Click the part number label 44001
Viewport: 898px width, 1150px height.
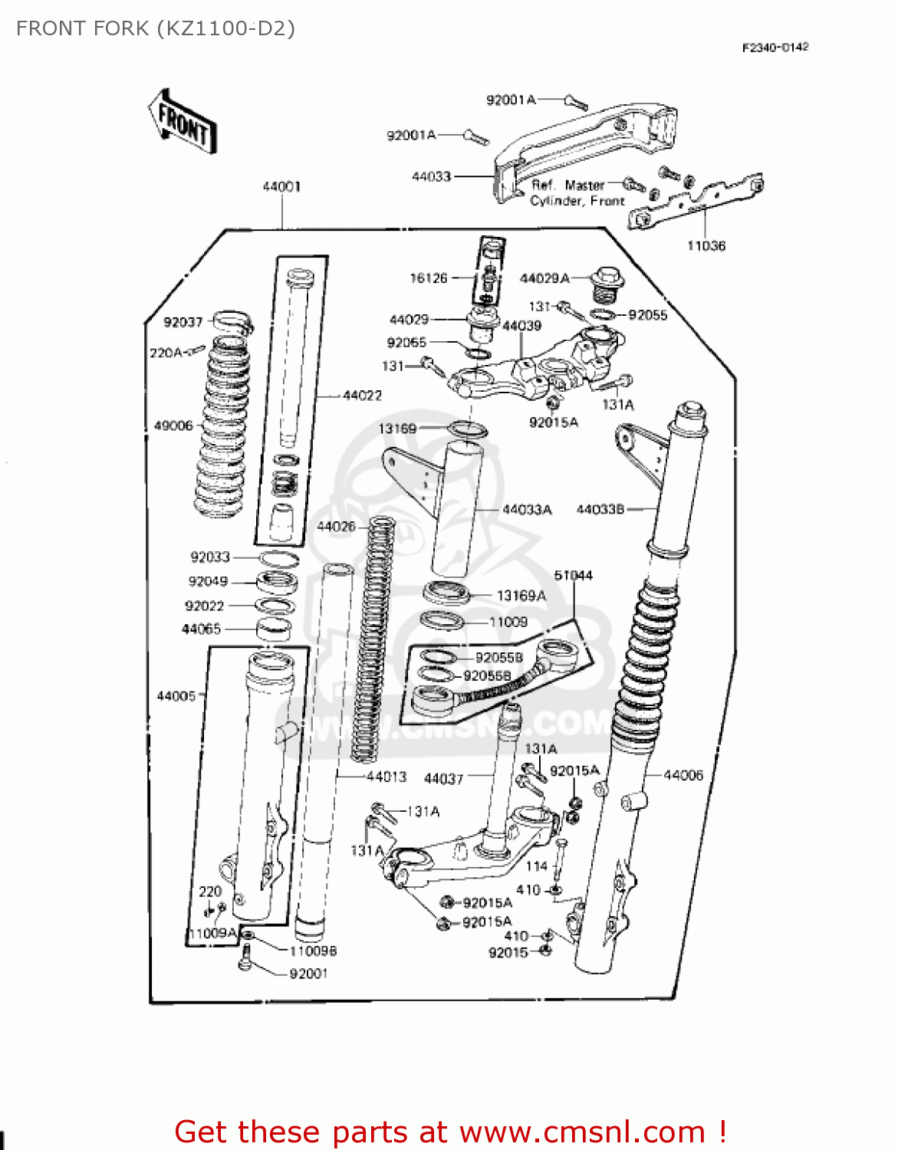pyautogui.click(x=281, y=186)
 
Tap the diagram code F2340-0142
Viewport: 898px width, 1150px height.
pyautogui.click(x=775, y=48)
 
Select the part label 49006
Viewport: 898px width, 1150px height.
pyautogui.click(x=173, y=426)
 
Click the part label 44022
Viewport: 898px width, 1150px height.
pyautogui.click(x=362, y=396)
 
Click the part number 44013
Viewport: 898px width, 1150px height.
pyautogui.click(x=386, y=777)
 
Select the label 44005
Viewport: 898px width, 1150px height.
pyautogui.click(x=176, y=696)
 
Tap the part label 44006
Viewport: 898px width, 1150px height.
pyautogui.click(x=683, y=775)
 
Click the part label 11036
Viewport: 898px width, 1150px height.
pyautogui.click(x=706, y=246)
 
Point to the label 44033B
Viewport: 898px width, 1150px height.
pyautogui.click(x=600, y=509)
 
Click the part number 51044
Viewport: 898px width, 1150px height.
pyautogui.click(x=573, y=575)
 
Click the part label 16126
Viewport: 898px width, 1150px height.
pyautogui.click(x=429, y=278)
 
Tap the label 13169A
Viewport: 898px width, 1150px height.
pyautogui.click(x=521, y=596)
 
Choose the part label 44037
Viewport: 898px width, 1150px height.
pyautogui.click(x=444, y=779)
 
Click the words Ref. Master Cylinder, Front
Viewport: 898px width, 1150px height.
pyautogui.click(x=577, y=193)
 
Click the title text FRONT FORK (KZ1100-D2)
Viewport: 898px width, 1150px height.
pyautogui.click(x=156, y=28)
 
